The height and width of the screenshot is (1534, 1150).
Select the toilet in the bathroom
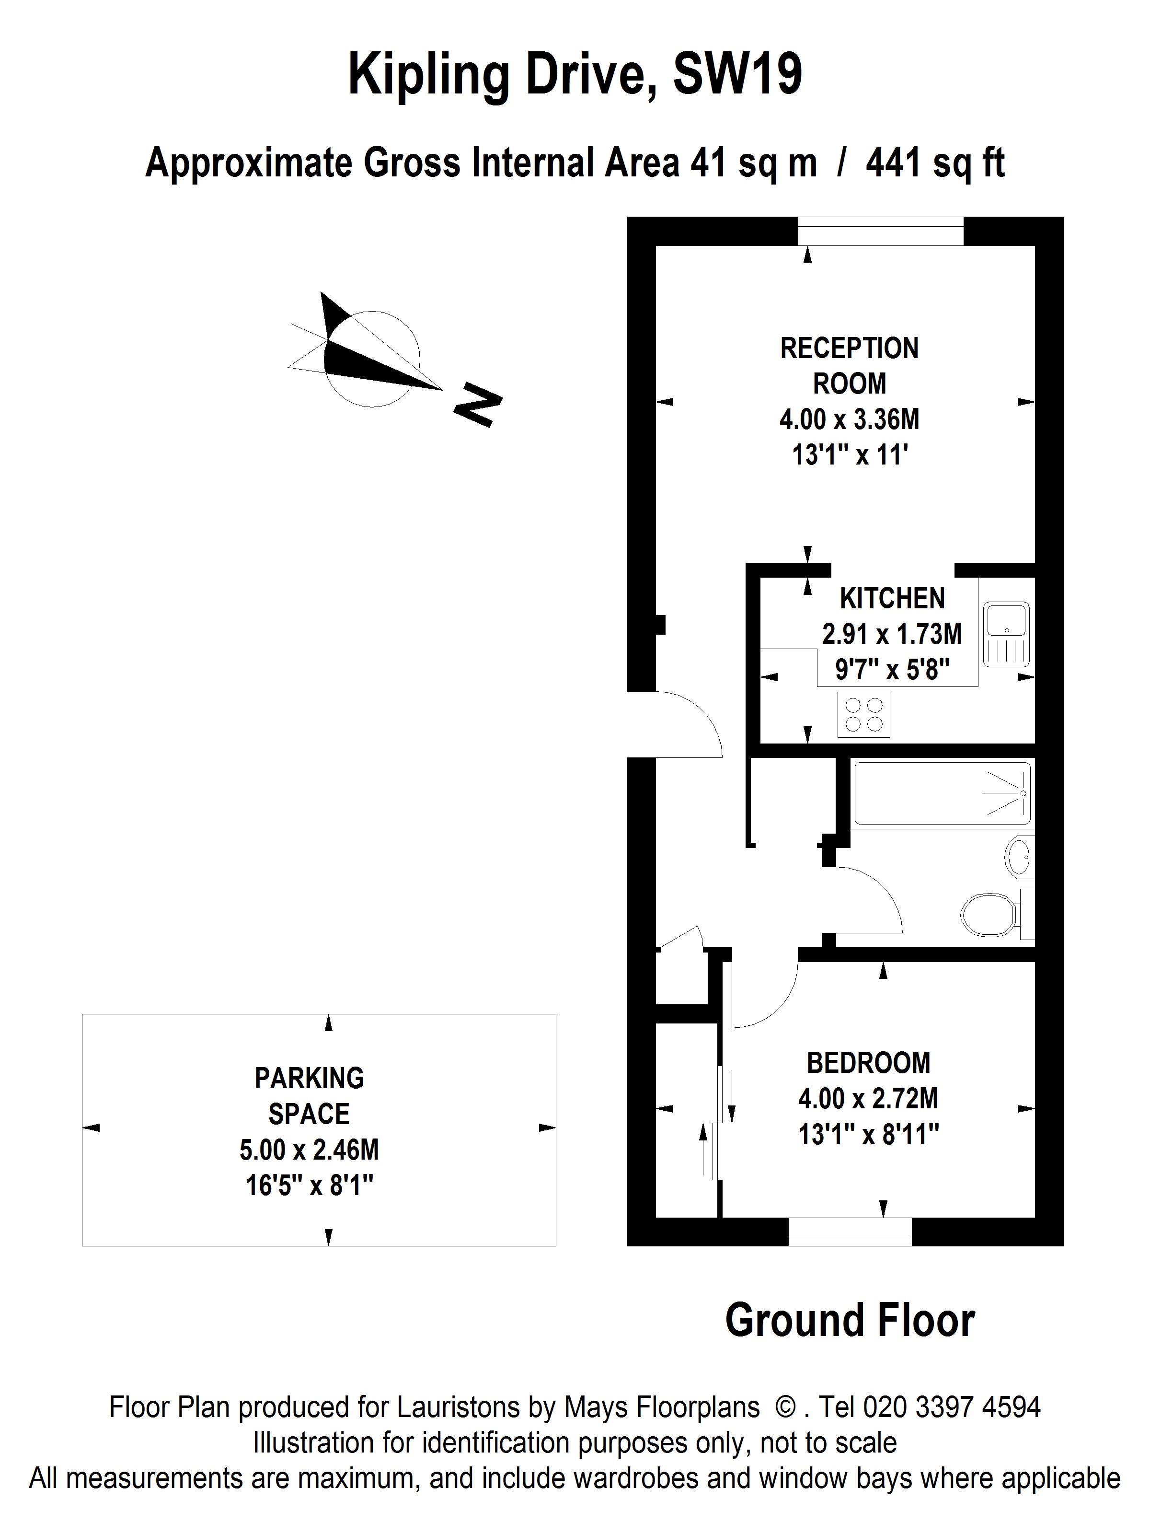tap(991, 916)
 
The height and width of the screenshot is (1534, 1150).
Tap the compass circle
tap(372, 359)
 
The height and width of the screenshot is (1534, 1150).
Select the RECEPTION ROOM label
tap(849, 365)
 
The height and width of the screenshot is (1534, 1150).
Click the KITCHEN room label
tap(892, 598)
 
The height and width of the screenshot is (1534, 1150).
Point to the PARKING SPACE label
tap(309, 1096)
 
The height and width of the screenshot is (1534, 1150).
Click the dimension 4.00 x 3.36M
tap(849, 419)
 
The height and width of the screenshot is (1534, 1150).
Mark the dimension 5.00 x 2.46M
tap(309, 1150)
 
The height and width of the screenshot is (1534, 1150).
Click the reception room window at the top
tap(880, 231)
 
